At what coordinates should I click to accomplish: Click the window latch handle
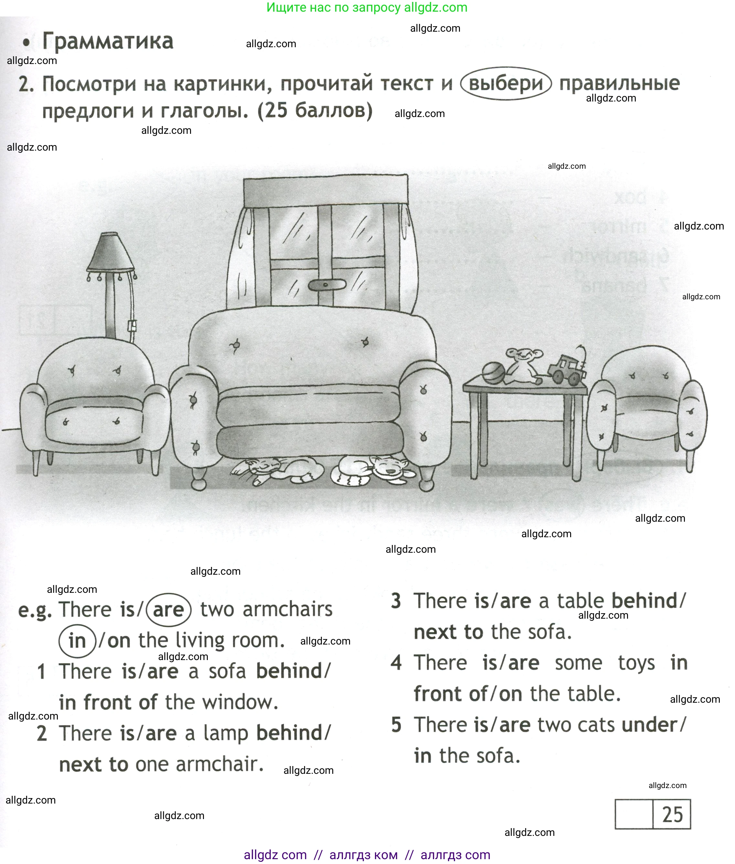pos(327,285)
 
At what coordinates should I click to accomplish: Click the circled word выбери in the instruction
pos(506,83)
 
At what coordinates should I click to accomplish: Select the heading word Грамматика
pos(108,42)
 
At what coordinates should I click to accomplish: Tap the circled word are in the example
pos(169,610)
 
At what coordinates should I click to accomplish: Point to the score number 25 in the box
pos(672,815)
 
